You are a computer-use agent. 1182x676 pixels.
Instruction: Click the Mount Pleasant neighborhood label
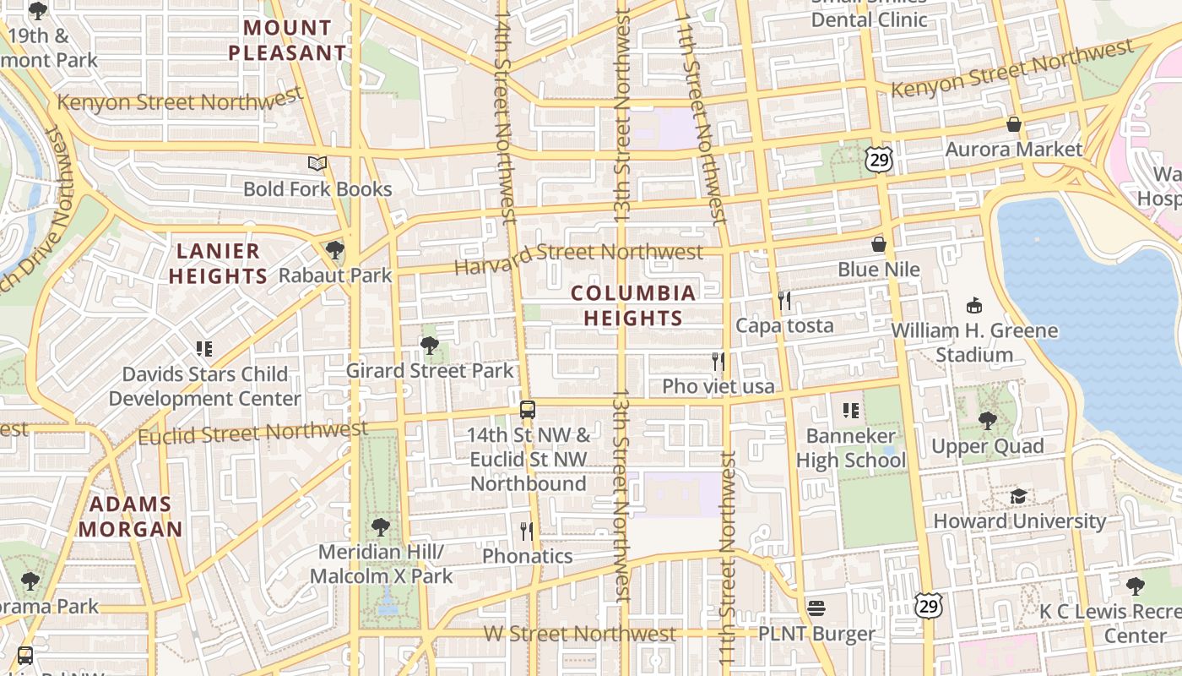(287, 41)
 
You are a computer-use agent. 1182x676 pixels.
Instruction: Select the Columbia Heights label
(633, 305)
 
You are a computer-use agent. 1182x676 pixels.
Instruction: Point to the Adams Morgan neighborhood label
(130, 517)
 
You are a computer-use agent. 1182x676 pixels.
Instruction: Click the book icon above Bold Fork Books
(317, 163)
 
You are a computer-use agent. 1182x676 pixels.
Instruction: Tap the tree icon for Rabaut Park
(335, 250)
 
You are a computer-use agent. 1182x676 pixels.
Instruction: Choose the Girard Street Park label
(429, 371)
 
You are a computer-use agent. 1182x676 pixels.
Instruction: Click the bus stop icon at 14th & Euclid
(528, 410)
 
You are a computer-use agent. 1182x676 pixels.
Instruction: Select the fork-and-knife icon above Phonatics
(527, 531)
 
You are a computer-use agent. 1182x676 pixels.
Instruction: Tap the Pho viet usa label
(718, 386)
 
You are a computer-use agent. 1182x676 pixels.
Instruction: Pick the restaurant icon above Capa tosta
(784, 300)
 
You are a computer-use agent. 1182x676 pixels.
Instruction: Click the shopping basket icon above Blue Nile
(879, 244)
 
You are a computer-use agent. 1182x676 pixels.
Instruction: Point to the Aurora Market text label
(1013, 150)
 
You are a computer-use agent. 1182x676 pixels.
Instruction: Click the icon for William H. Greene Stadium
(974, 305)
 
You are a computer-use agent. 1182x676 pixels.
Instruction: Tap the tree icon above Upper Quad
(987, 421)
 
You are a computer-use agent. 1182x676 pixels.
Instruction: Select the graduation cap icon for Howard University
(1019, 496)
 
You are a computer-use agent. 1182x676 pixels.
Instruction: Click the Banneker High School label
(850, 448)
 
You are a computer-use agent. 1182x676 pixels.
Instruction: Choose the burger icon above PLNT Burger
(816, 608)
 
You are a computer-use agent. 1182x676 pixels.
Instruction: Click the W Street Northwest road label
(580, 634)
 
